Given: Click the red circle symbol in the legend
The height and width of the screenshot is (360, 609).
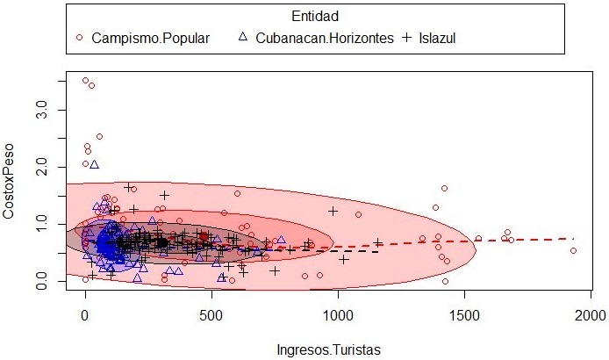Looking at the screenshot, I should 80,38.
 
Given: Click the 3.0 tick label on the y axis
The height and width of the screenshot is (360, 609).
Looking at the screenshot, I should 40,111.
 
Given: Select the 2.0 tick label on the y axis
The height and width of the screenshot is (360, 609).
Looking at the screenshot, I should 40,167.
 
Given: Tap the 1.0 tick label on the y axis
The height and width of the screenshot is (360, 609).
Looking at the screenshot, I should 40,224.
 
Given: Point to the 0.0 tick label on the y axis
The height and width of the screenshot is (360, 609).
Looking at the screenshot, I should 40,281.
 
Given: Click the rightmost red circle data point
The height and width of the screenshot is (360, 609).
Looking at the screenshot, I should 573,250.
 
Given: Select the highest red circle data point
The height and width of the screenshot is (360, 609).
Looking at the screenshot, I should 85,81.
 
